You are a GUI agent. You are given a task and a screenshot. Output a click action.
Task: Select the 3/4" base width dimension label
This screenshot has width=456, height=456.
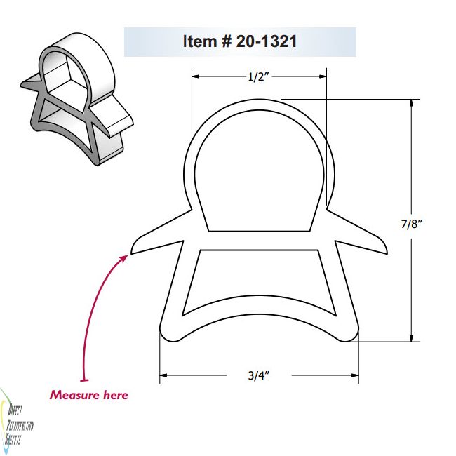pyautogui.click(x=259, y=375)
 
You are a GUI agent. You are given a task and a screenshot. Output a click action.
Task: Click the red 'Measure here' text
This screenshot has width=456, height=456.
pyautogui.click(x=88, y=395)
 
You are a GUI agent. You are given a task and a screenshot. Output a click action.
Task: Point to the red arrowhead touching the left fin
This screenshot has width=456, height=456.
pyautogui.click(x=125, y=258)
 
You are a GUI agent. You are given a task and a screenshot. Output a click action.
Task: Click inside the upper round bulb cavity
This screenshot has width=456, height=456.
pyautogui.click(x=259, y=175)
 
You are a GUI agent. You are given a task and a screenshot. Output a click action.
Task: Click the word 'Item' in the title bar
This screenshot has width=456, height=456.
pyautogui.click(x=201, y=42)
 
